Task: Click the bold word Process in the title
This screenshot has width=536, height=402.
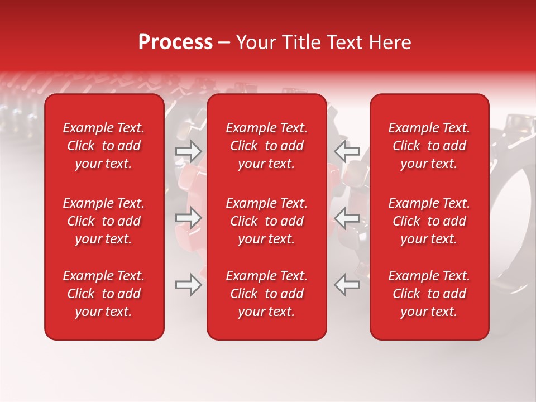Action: pos(175,42)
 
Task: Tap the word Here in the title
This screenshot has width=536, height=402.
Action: pos(390,42)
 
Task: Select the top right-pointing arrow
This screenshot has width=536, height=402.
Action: pos(189,151)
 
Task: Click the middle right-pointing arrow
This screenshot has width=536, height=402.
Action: pos(189,218)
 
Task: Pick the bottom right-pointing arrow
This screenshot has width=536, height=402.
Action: pos(189,285)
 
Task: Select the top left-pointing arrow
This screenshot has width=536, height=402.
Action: pos(347,151)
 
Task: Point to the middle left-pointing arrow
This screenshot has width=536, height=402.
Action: pos(347,218)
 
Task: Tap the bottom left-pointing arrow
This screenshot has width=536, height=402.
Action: pos(347,285)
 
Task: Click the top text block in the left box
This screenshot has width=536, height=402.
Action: pos(104,146)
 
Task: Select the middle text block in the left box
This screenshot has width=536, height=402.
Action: pos(104,221)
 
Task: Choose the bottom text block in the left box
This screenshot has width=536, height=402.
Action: pos(104,294)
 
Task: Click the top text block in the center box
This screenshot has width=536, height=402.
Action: pos(267,146)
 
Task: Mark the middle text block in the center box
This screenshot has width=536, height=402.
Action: pos(267,221)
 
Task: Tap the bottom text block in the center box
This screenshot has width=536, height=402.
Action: pos(267,294)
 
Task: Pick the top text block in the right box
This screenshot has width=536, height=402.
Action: pos(429,146)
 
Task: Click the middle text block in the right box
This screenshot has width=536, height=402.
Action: pos(429,221)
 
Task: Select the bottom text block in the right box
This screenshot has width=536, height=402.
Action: pos(429,294)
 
